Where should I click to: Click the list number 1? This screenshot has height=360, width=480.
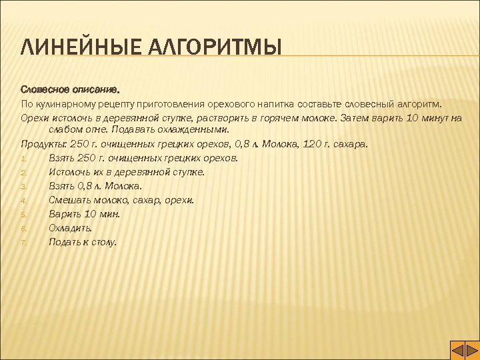23,159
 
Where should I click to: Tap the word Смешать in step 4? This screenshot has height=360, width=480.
68,200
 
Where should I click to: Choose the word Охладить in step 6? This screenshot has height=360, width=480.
70,228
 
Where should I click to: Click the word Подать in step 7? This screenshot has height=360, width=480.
65,242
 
